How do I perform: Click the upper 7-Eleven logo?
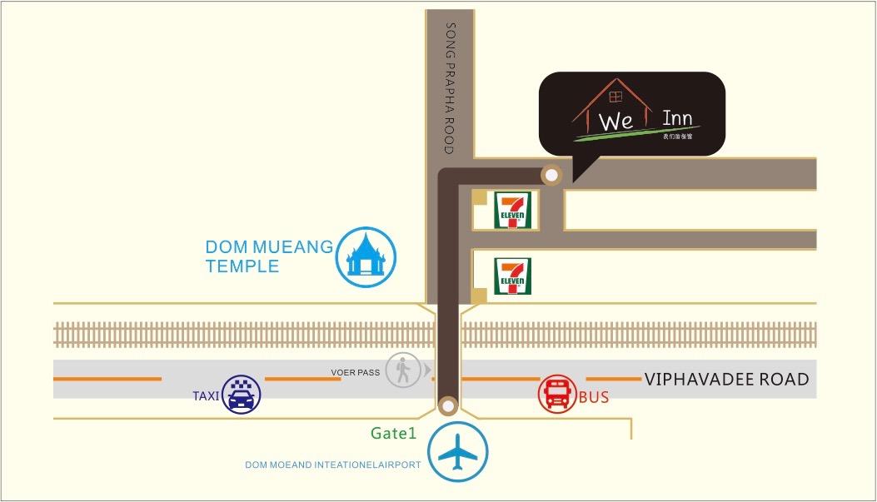pyautogui.click(x=512, y=211)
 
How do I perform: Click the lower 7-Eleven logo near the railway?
pyautogui.click(x=512, y=276)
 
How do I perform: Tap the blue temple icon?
pyautogui.click(x=366, y=257)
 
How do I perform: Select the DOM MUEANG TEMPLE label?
pyautogui.click(x=269, y=256)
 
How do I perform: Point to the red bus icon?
pyautogui.click(x=557, y=394)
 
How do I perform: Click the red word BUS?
pyautogui.click(x=594, y=398)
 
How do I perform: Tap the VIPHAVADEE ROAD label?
pyautogui.click(x=726, y=380)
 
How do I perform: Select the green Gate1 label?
pyautogui.click(x=394, y=433)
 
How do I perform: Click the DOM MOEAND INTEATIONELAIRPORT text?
pyautogui.click(x=333, y=465)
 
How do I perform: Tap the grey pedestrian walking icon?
pyautogui.click(x=403, y=370)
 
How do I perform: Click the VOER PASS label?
pyautogui.click(x=356, y=372)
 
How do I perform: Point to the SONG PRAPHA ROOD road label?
pyautogui.click(x=451, y=88)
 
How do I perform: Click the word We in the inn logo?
pyautogui.click(x=617, y=122)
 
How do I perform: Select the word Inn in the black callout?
pyautogui.click(x=677, y=118)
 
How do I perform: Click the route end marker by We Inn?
pyautogui.click(x=551, y=175)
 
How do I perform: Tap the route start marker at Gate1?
pyautogui.click(x=448, y=405)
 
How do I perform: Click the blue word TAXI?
pyautogui.click(x=206, y=397)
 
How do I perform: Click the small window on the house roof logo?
pyautogui.click(x=615, y=96)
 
